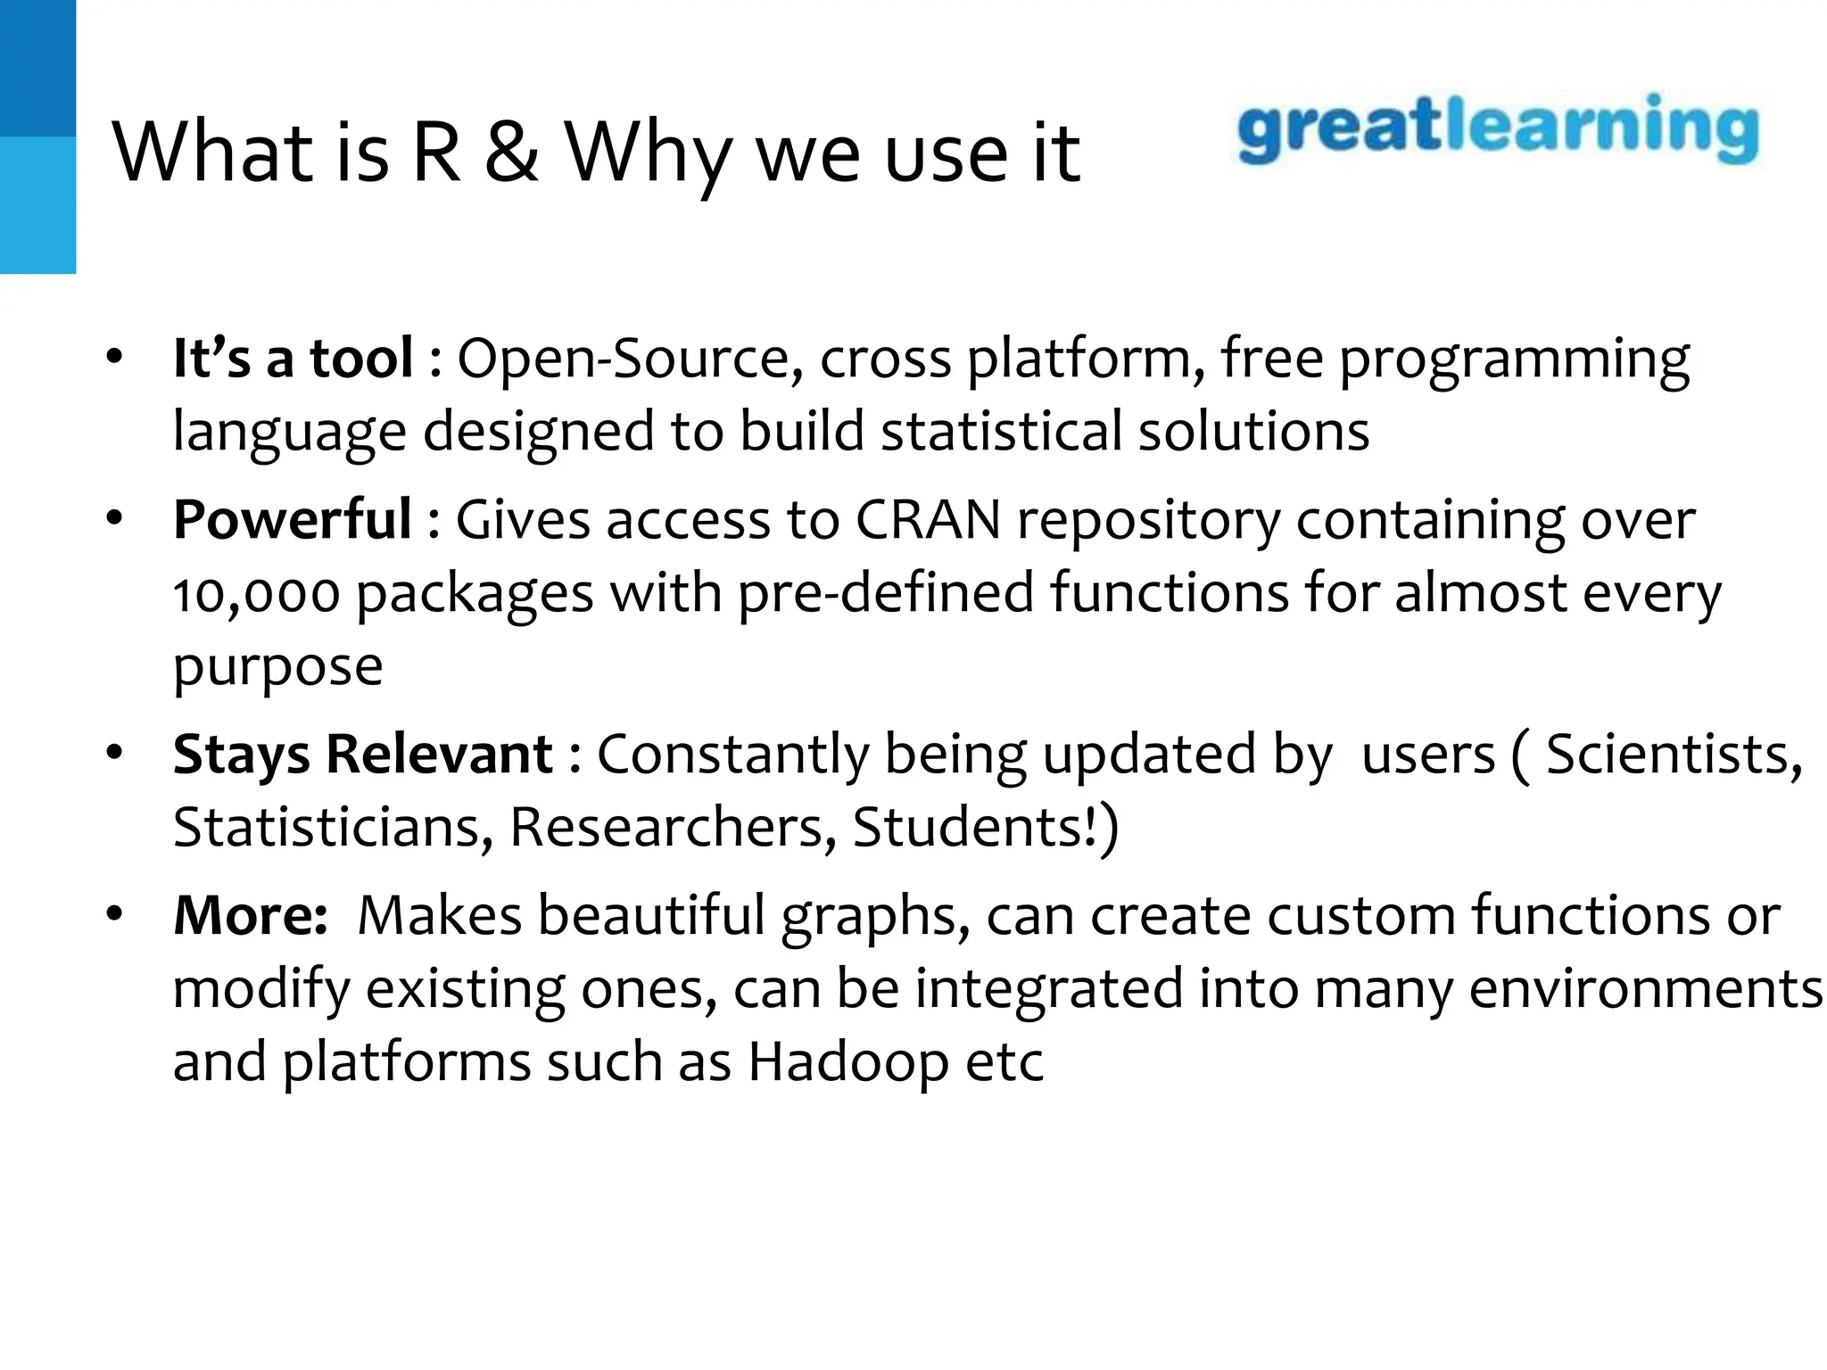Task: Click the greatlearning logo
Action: point(1498,130)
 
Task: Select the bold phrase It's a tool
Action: point(293,358)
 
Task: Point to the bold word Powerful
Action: point(293,519)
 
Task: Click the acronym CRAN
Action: point(928,519)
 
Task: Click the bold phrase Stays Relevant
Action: point(363,754)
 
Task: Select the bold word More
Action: point(251,915)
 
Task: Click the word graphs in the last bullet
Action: point(875,917)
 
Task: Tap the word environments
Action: point(1645,989)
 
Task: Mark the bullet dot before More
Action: point(113,915)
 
